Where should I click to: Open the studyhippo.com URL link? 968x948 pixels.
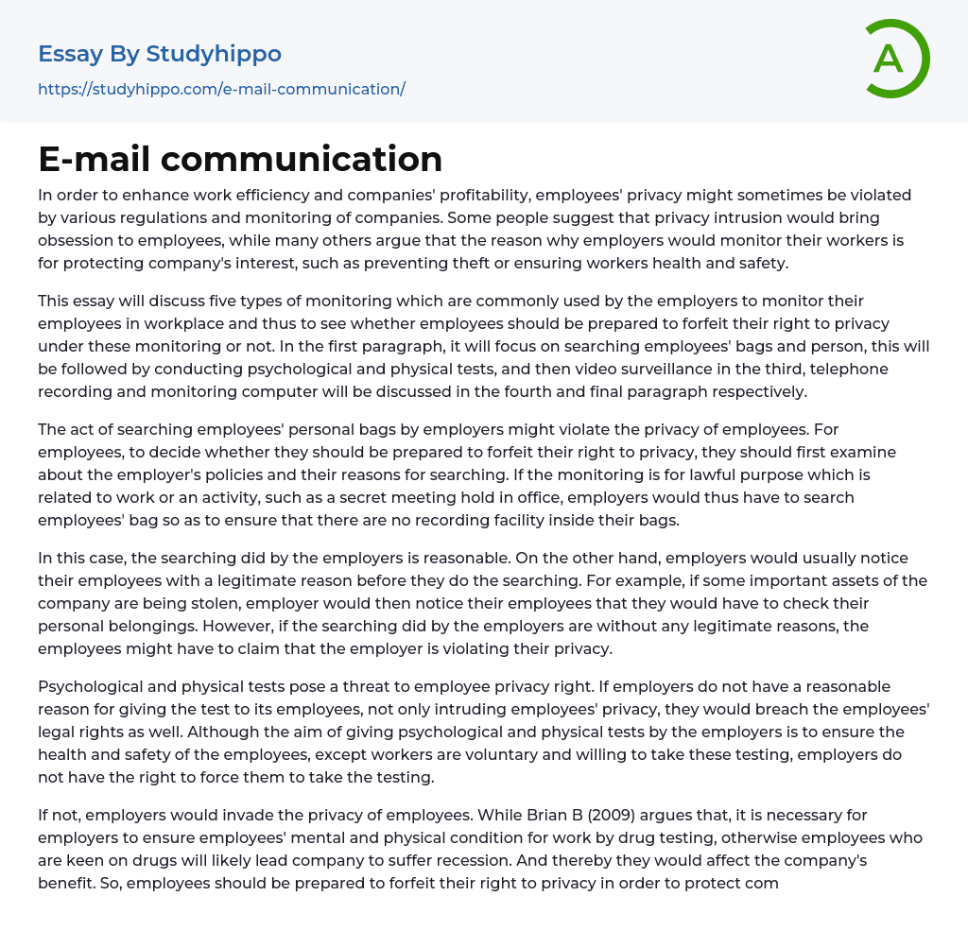pyautogui.click(x=221, y=89)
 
